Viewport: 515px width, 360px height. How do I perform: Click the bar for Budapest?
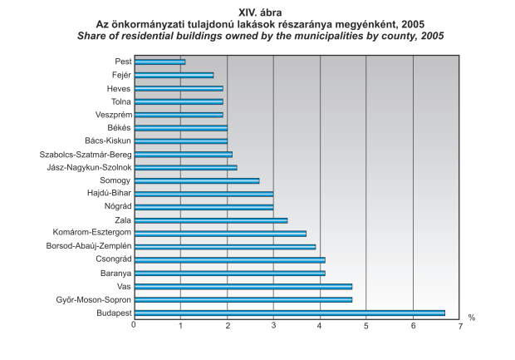click(x=289, y=313)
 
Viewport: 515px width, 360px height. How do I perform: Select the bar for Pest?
click(x=159, y=62)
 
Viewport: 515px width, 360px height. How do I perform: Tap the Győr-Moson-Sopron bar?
click(x=243, y=299)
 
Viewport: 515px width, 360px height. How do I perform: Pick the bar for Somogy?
click(x=196, y=180)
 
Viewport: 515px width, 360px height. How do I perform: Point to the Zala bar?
click(x=210, y=220)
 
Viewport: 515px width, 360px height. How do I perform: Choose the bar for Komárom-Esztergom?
click(x=219, y=234)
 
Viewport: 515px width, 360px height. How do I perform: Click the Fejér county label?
click(x=120, y=75)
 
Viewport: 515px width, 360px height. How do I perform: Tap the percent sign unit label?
click(x=471, y=318)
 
